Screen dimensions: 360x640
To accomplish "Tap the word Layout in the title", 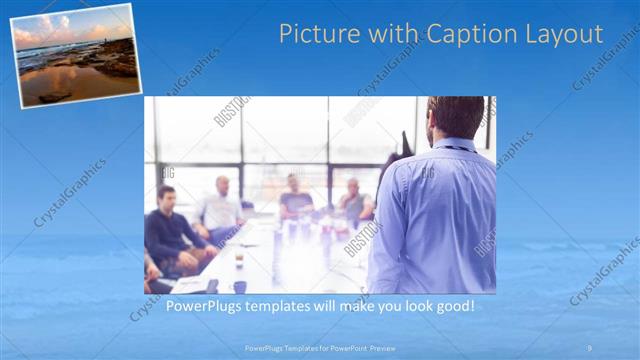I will tap(564, 34).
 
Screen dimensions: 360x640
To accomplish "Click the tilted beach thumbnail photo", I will tap(76, 54).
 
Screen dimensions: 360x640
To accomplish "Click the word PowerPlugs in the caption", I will tap(203, 305).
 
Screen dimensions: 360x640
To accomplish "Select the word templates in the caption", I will tap(279, 305).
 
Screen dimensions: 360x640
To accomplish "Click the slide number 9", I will tap(589, 347).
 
